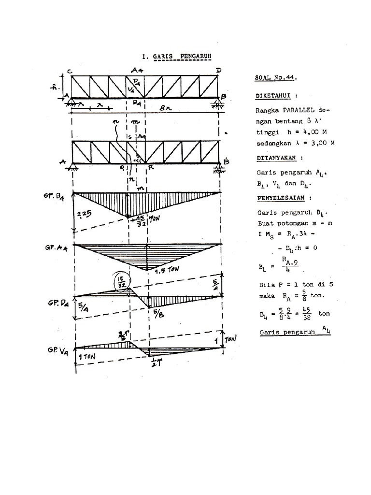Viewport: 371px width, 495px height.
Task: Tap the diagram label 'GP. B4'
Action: [x=53, y=196]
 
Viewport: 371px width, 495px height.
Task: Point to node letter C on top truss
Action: [x=70, y=72]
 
